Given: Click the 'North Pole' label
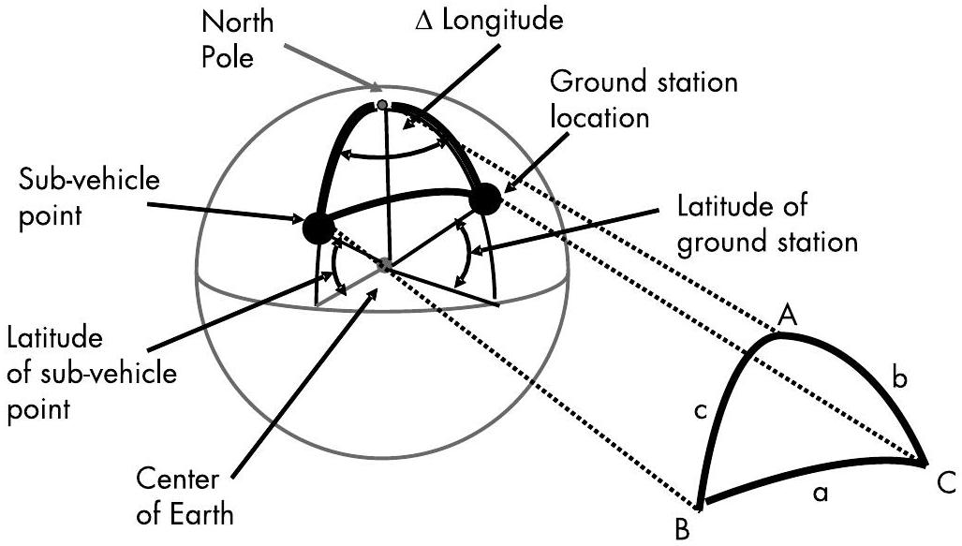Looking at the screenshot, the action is coord(237,40).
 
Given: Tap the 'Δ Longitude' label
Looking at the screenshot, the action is coord(489,20).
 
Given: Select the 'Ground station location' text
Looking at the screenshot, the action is coord(644,98).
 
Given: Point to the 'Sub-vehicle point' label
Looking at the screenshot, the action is coord(89,198).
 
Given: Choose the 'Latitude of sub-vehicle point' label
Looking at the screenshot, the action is coord(92,373).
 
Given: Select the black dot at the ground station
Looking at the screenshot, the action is coord(486,199).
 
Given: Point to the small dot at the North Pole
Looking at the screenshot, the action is coord(383,105).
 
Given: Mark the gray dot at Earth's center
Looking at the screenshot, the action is coord(385,265).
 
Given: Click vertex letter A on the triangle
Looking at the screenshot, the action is coord(787,316).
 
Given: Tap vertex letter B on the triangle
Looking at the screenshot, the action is coord(682,529).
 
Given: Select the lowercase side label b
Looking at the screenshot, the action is coord(899,378).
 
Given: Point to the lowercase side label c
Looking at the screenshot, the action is coord(701,412).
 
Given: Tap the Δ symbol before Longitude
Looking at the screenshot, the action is coord(424,22).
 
